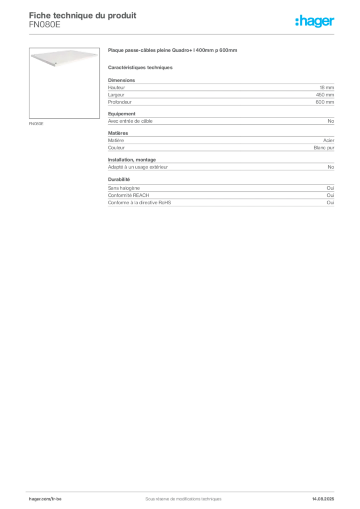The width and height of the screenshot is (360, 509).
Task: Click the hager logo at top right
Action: (315, 21)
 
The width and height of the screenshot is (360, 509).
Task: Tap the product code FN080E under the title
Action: (44, 25)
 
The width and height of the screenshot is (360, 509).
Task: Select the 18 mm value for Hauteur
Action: (327, 87)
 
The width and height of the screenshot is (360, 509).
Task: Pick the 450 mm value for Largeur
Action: (325, 95)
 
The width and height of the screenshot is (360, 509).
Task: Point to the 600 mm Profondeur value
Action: (325, 102)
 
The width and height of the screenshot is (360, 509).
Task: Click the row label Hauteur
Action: (116, 87)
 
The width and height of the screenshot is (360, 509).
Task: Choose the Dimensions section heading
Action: (121, 80)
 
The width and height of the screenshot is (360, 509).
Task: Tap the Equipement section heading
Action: (122, 114)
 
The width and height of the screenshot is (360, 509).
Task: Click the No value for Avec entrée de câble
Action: (331, 121)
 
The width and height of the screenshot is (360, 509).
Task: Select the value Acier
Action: (329, 141)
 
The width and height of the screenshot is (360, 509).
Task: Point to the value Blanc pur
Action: (324, 148)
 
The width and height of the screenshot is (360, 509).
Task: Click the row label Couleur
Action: (116, 148)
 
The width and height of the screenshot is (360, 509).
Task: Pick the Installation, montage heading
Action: (132, 160)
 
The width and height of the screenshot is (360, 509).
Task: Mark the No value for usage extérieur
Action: (331, 167)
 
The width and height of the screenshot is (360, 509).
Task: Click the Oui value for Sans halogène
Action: (330, 188)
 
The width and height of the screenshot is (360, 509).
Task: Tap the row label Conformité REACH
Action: (129, 195)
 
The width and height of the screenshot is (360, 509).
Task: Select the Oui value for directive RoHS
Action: (330, 203)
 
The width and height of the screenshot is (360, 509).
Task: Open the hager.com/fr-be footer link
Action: (45, 499)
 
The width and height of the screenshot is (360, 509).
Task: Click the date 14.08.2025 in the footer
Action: (323, 499)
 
